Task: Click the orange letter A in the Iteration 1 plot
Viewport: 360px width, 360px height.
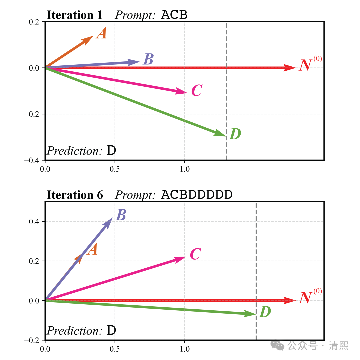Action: pyautogui.click(x=101, y=33)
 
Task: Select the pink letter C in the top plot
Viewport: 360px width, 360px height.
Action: pyautogui.click(x=197, y=90)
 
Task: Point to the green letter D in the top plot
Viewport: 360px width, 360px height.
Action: pyautogui.click(x=235, y=134)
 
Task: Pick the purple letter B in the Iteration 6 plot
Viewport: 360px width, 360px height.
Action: pyautogui.click(x=121, y=215)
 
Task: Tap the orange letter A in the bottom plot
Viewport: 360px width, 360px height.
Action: pyautogui.click(x=92, y=249)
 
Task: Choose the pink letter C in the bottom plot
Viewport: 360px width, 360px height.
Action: pyautogui.click(x=195, y=254)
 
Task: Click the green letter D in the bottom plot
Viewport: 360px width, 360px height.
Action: pyautogui.click(x=265, y=312)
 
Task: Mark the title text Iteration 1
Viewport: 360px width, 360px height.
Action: pyautogui.click(x=75, y=15)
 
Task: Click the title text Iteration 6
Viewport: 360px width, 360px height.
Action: pyautogui.click(x=75, y=195)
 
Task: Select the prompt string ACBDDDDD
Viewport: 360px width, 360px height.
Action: pyautogui.click(x=196, y=195)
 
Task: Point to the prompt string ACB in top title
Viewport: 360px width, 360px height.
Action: pyautogui.click(x=174, y=15)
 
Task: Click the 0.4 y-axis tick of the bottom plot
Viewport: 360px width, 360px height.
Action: pyautogui.click(x=35, y=222)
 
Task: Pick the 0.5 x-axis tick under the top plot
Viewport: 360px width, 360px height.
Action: pyautogui.click(x=115, y=169)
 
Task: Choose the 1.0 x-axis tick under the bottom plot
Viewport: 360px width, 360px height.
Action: pyautogui.click(x=185, y=349)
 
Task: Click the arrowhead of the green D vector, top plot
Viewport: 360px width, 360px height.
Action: pyautogui.click(x=221, y=133)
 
